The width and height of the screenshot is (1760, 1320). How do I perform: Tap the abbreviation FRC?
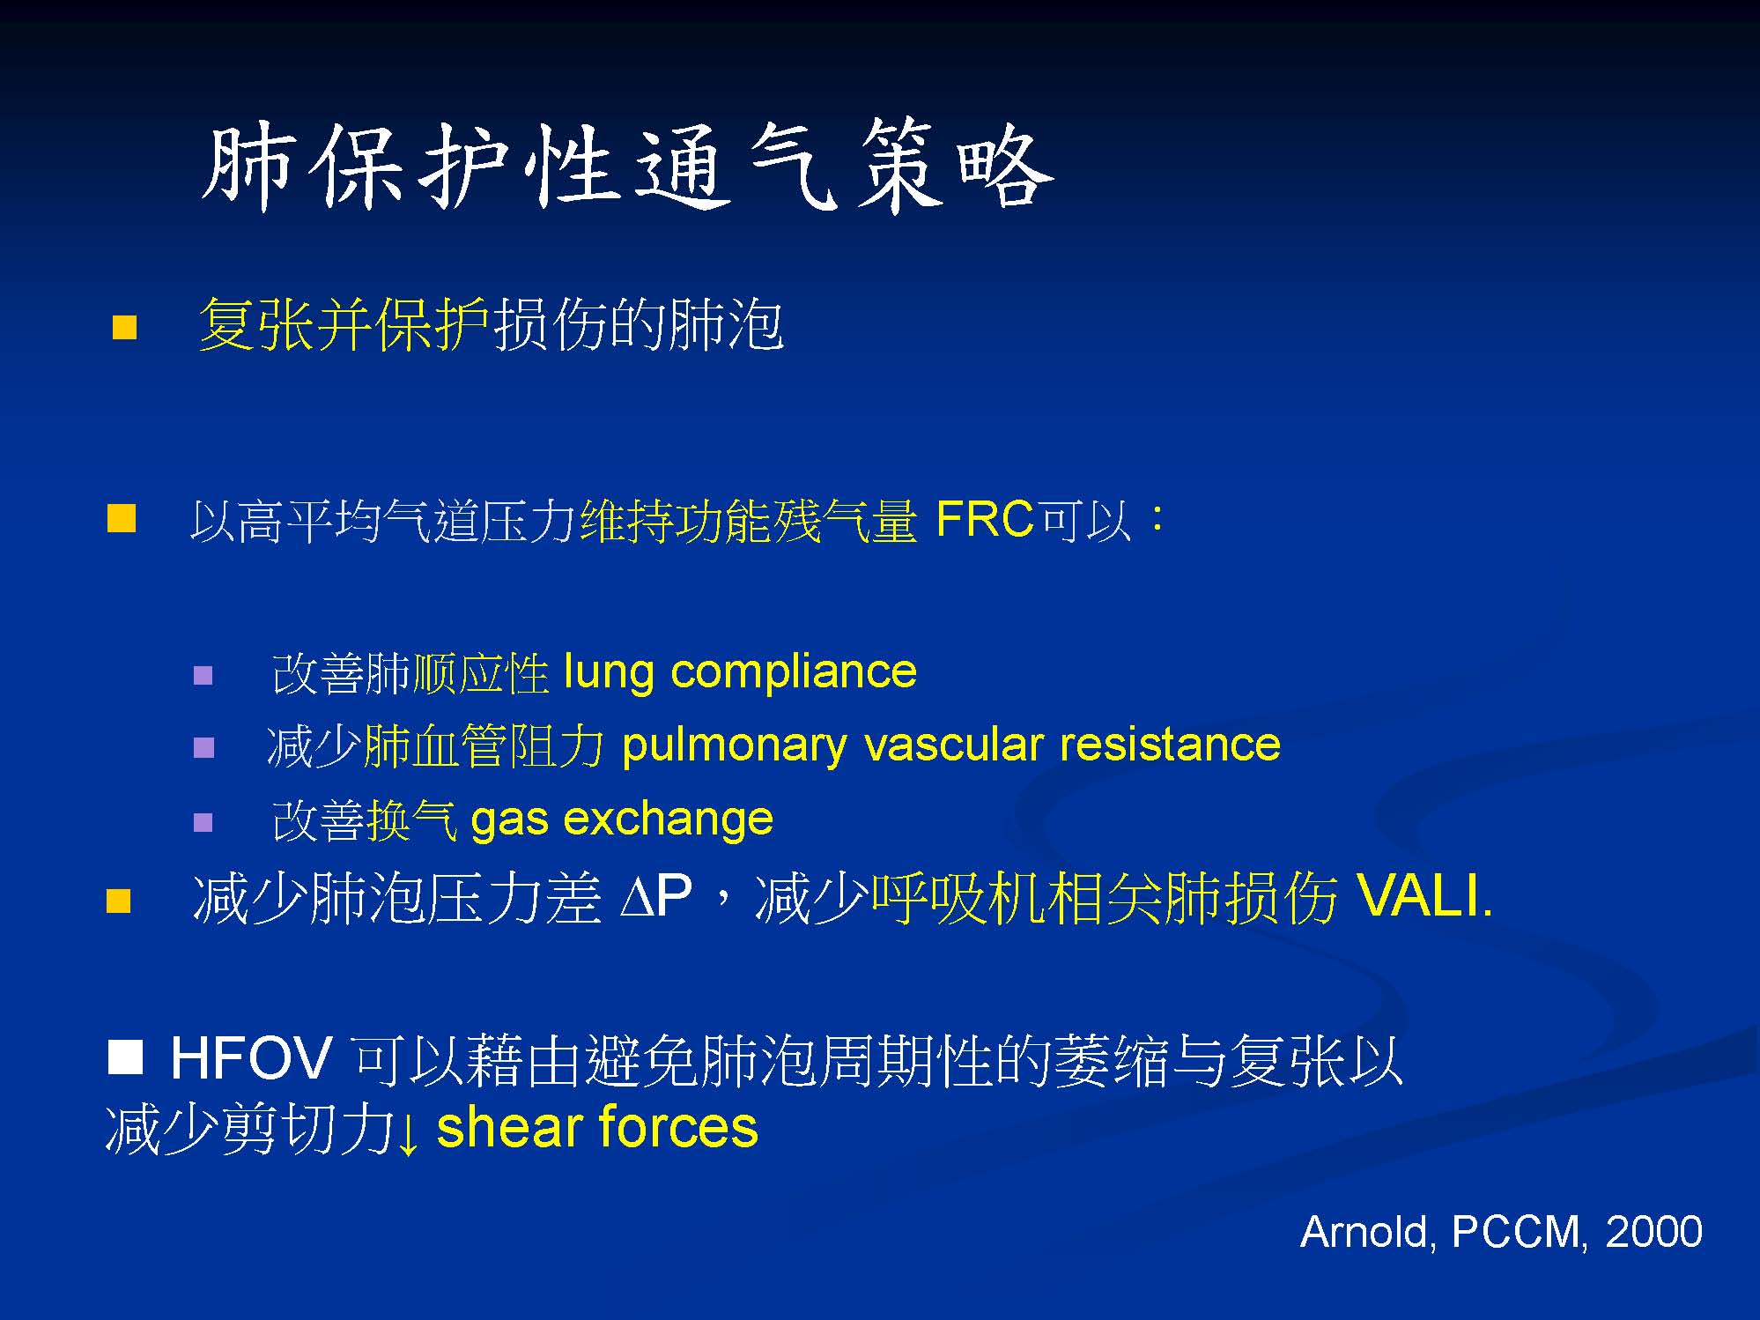[x=984, y=519]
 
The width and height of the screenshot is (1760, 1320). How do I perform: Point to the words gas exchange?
[x=622, y=820]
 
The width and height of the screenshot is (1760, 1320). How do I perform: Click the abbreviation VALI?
[x=1424, y=897]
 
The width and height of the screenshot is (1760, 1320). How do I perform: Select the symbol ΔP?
[x=655, y=897]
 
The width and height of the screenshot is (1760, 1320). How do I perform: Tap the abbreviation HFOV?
[x=251, y=1058]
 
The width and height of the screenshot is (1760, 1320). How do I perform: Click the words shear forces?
[x=597, y=1128]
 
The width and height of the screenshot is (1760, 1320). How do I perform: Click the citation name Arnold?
[x=1368, y=1232]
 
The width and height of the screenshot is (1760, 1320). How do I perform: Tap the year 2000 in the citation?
[x=1653, y=1232]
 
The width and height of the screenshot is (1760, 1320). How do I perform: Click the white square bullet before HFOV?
[x=125, y=1057]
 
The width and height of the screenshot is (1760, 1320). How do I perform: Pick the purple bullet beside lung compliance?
[x=203, y=676]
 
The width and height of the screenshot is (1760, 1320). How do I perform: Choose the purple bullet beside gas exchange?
[x=203, y=822]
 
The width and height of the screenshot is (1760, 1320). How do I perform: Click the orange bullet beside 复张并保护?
[x=125, y=328]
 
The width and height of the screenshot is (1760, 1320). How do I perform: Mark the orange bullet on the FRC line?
[x=122, y=518]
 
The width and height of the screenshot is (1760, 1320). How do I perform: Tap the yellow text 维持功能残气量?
[x=749, y=521]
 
